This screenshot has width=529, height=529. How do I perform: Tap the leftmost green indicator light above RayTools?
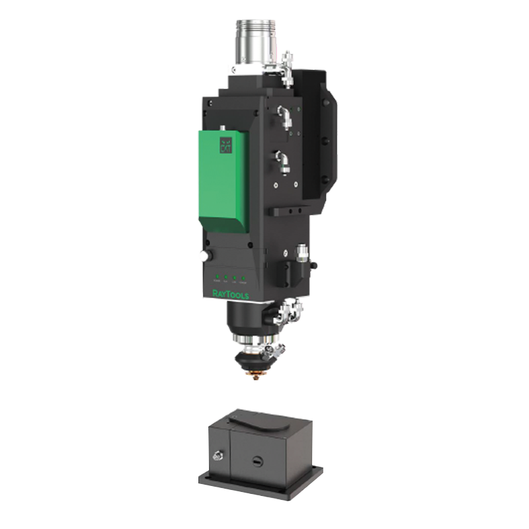[216, 278]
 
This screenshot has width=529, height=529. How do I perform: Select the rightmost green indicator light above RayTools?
[244, 278]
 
